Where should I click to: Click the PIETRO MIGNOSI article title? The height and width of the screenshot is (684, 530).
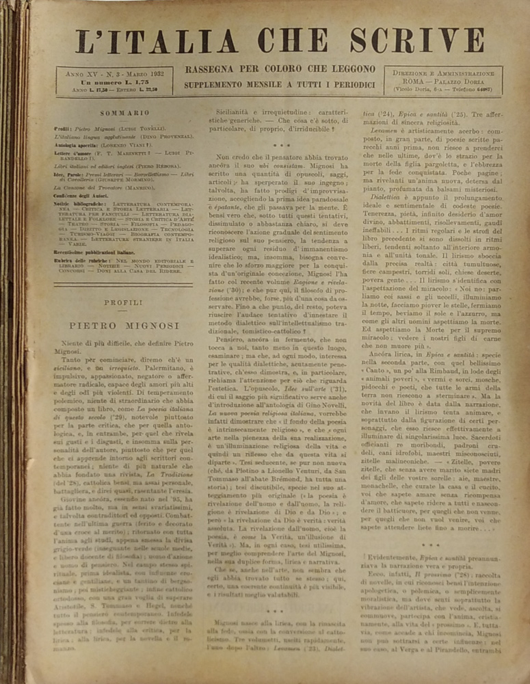(x=123, y=326)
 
